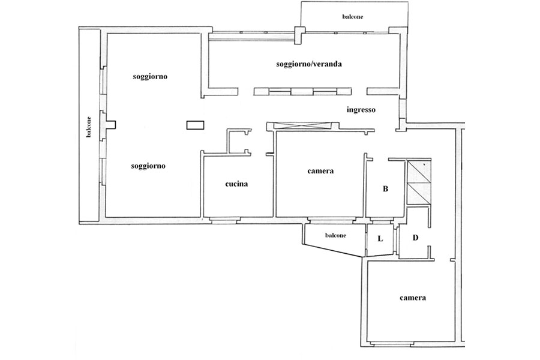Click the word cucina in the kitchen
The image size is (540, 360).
coord(236,184)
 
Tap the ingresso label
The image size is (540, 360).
coord(361,110)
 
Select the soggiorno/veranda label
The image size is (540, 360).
coord(309,64)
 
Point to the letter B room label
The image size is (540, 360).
coord(385,189)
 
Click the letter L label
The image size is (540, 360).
coord(380,238)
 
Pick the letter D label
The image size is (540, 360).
coord(415,238)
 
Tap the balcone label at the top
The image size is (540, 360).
coord(353,17)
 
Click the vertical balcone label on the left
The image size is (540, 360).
coord(89,127)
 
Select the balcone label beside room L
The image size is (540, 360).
coord(335,235)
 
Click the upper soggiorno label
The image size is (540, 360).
coord(150,76)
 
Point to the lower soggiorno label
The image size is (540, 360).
coord(148,166)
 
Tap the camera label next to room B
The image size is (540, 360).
coord(320,171)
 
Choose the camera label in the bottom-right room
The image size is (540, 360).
coord(413,298)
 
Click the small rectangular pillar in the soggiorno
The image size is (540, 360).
coord(195,125)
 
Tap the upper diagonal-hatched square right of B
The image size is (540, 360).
coord(418,172)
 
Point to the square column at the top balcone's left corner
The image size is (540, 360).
coord(299,35)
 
